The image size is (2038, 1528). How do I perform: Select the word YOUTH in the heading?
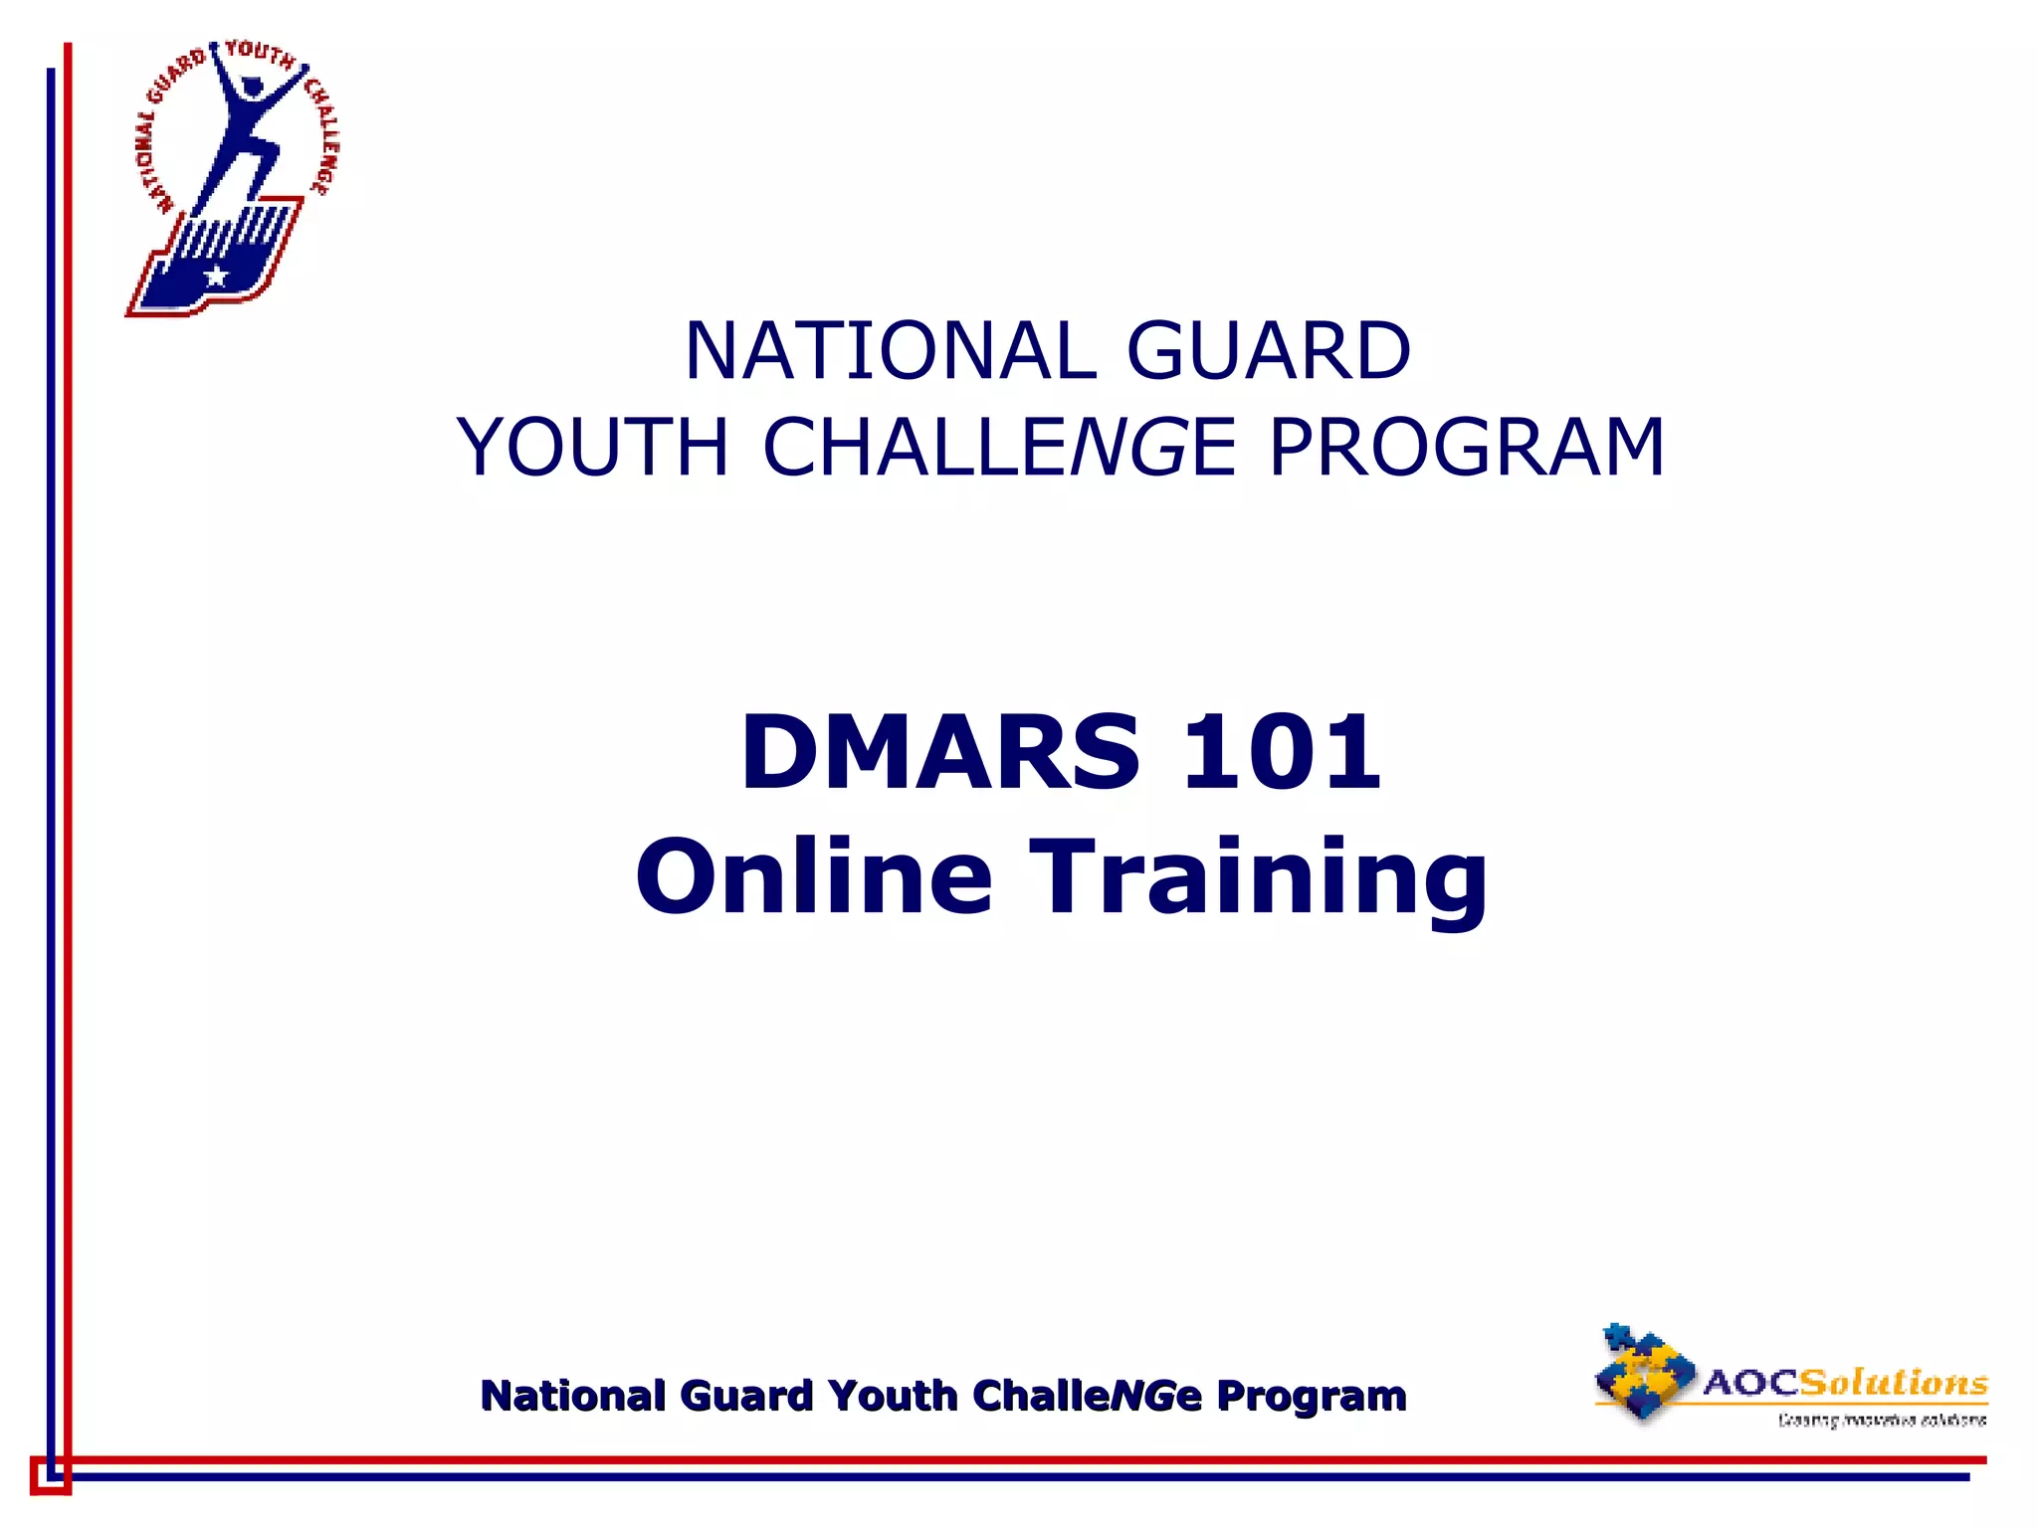(x=593, y=447)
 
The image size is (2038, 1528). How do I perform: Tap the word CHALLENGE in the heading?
(x=999, y=447)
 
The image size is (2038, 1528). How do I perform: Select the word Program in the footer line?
(x=1312, y=1397)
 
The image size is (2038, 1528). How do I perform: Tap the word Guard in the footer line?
(x=747, y=1396)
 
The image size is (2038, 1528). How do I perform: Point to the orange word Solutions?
(x=1894, y=1382)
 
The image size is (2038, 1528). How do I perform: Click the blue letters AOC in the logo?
(x=1751, y=1383)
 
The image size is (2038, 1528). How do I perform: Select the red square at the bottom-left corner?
(x=50, y=1475)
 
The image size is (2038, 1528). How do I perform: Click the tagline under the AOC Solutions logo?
(x=1881, y=1420)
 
